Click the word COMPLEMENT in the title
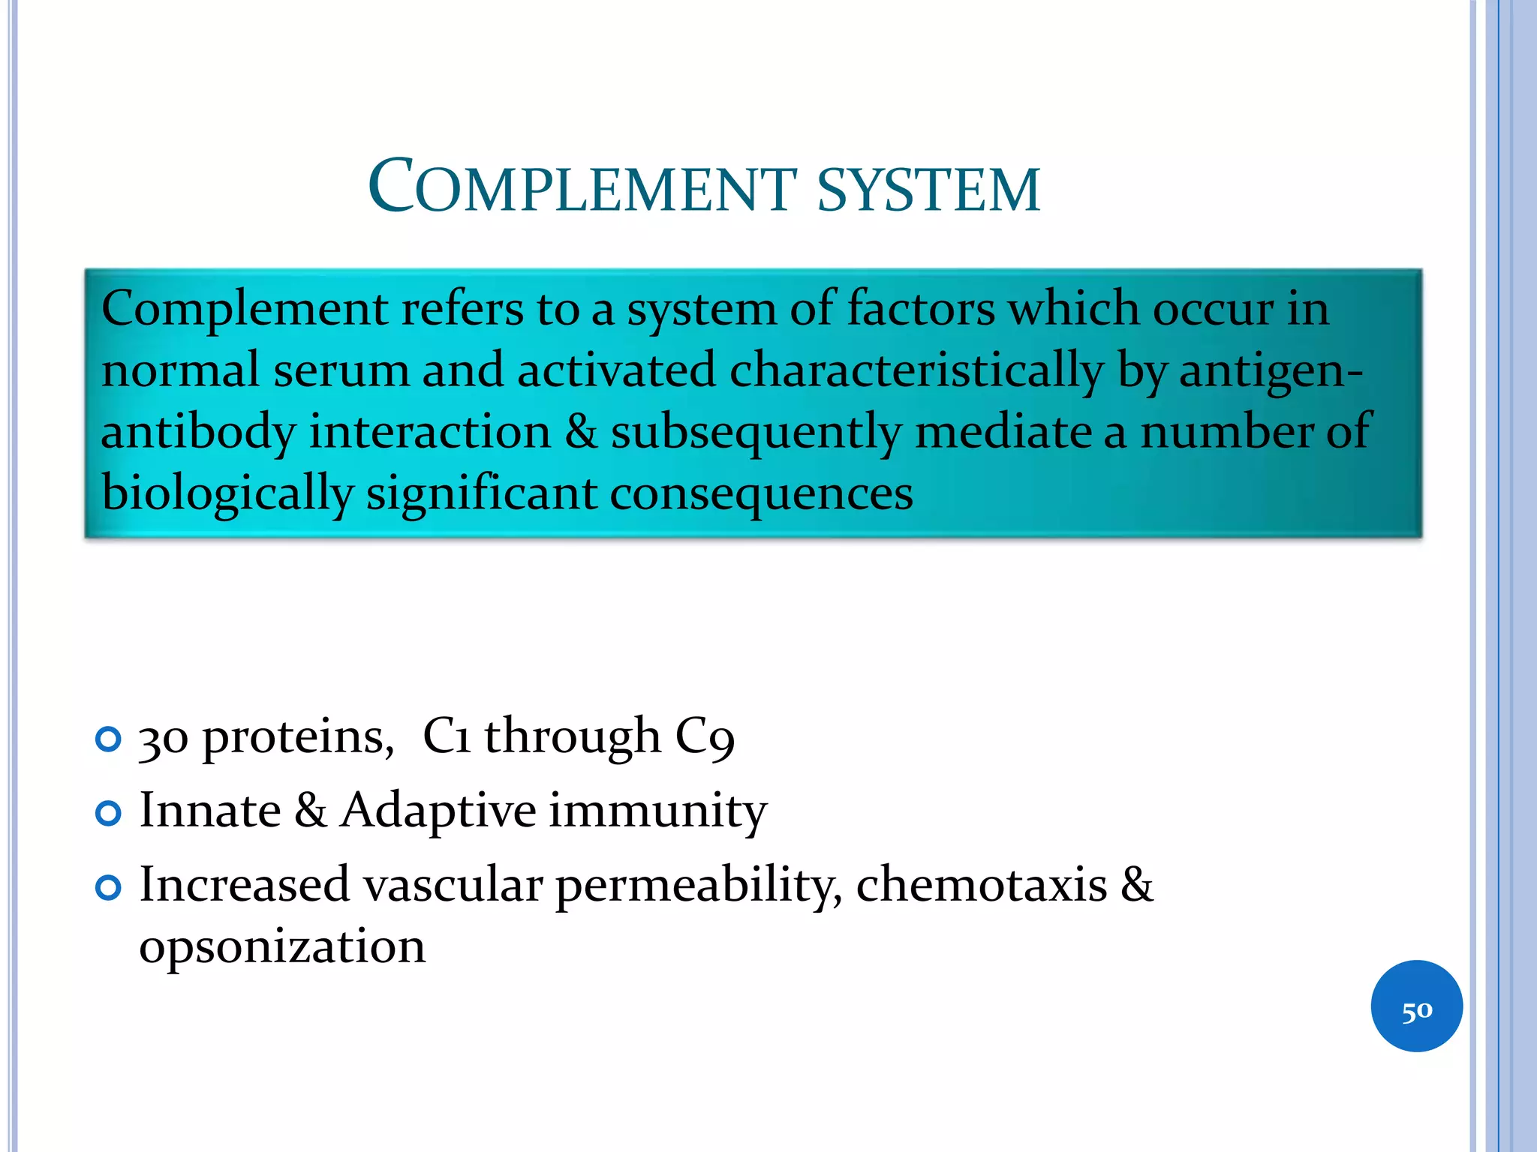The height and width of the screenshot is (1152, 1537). click(582, 187)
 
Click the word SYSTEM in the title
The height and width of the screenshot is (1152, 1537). click(928, 189)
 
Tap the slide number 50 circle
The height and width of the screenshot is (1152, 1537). click(1416, 1006)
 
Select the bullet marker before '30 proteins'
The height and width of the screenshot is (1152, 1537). click(109, 740)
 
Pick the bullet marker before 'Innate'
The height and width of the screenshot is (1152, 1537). click(109, 814)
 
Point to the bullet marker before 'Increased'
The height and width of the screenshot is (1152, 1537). click(109, 889)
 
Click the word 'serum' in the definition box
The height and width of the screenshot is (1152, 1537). click(341, 370)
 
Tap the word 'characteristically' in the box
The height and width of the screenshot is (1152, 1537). click(916, 370)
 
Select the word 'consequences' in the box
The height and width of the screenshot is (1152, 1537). click(761, 493)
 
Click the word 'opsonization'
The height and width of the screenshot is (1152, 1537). click(282, 946)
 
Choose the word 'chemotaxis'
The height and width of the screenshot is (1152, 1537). click(981, 885)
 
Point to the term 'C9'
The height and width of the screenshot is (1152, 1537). click(705, 736)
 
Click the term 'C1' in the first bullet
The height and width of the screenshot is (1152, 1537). click(447, 736)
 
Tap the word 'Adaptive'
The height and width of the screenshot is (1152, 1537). click(438, 811)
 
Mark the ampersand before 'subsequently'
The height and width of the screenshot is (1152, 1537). click(581, 432)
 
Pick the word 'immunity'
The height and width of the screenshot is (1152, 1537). click(657, 811)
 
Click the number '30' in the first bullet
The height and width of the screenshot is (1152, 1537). click(163, 739)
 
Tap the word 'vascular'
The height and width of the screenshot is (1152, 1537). click(453, 885)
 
